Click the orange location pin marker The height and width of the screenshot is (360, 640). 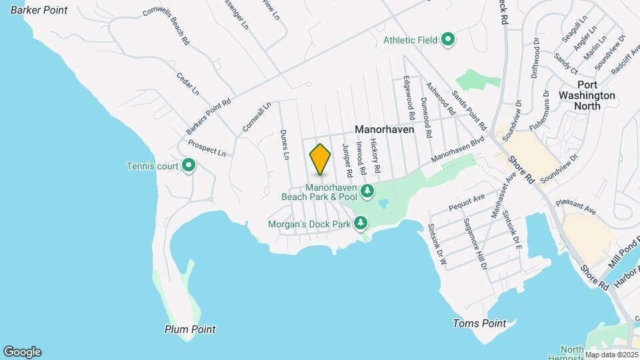pyautogui.click(x=320, y=159)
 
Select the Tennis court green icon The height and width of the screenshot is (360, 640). pyautogui.click(x=189, y=165)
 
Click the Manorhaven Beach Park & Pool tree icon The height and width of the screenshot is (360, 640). pyautogui.click(x=367, y=192)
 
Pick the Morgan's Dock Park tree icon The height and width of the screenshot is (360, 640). pyautogui.click(x=361, y=222)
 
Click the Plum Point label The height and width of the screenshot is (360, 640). pyautogui.click(x=190, y=329)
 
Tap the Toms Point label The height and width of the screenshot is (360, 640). pyautogui.click(x=479, y=323)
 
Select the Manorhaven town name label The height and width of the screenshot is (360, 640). pyautogui.click(x=385, y=130)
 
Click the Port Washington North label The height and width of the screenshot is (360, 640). pyautogui.click(x=587, y=90)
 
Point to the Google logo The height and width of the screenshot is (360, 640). pyautogui.click(x=22, y=352)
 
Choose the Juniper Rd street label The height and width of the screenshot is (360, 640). pyautogui.click(x=347, y=161)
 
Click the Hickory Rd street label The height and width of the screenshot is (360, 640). pyautogui.click(x=375, y=151)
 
